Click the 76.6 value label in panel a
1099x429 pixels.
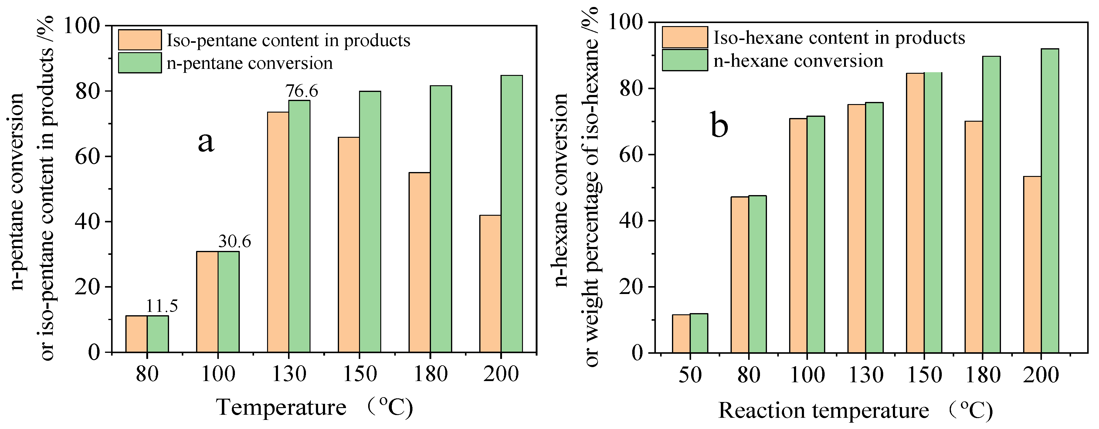(x=302, y=91)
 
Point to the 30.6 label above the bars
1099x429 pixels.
(x=234, y=242)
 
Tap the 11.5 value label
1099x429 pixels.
(x=162, y=306)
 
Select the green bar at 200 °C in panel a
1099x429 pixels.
(x=511, y=213)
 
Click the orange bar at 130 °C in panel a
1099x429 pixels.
(x=278, y=232)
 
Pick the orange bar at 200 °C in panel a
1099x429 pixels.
(x=490, y=284)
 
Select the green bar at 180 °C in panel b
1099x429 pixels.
(x=992, y=205)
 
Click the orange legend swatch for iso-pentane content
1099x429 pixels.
(x=140, y=40)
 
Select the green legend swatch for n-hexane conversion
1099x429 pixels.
(x=685, y=60)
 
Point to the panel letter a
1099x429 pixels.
(x=206, y=142)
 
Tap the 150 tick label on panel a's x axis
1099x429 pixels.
(x=360, y=374)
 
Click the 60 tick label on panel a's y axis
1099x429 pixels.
(x=87, y=157)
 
